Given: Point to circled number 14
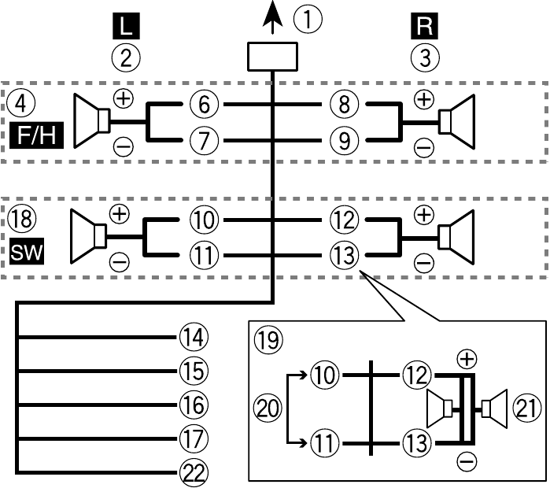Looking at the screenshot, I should (192, 337).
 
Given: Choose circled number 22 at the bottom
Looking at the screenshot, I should (192, 471).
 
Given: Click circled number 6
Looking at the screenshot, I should (205, 103).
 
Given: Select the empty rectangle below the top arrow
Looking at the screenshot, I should (272, 59).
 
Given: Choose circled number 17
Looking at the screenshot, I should (192, 438).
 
